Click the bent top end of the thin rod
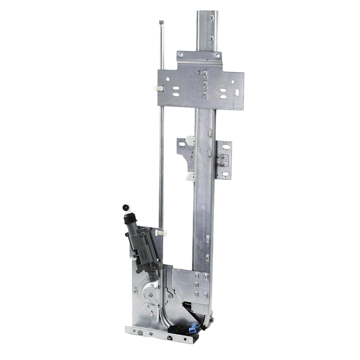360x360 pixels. click(x=161, y=22)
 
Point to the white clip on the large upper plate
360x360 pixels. click(x=157, y=89)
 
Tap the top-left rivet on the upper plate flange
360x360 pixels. click(x=181, y=54)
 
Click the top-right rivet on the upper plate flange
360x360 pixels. click(x=215, y=55)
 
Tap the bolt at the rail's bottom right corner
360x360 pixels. click(x=212, y=320)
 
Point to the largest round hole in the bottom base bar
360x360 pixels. click(x=171, y=338)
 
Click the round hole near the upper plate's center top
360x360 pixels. click(x=199, y=73)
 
